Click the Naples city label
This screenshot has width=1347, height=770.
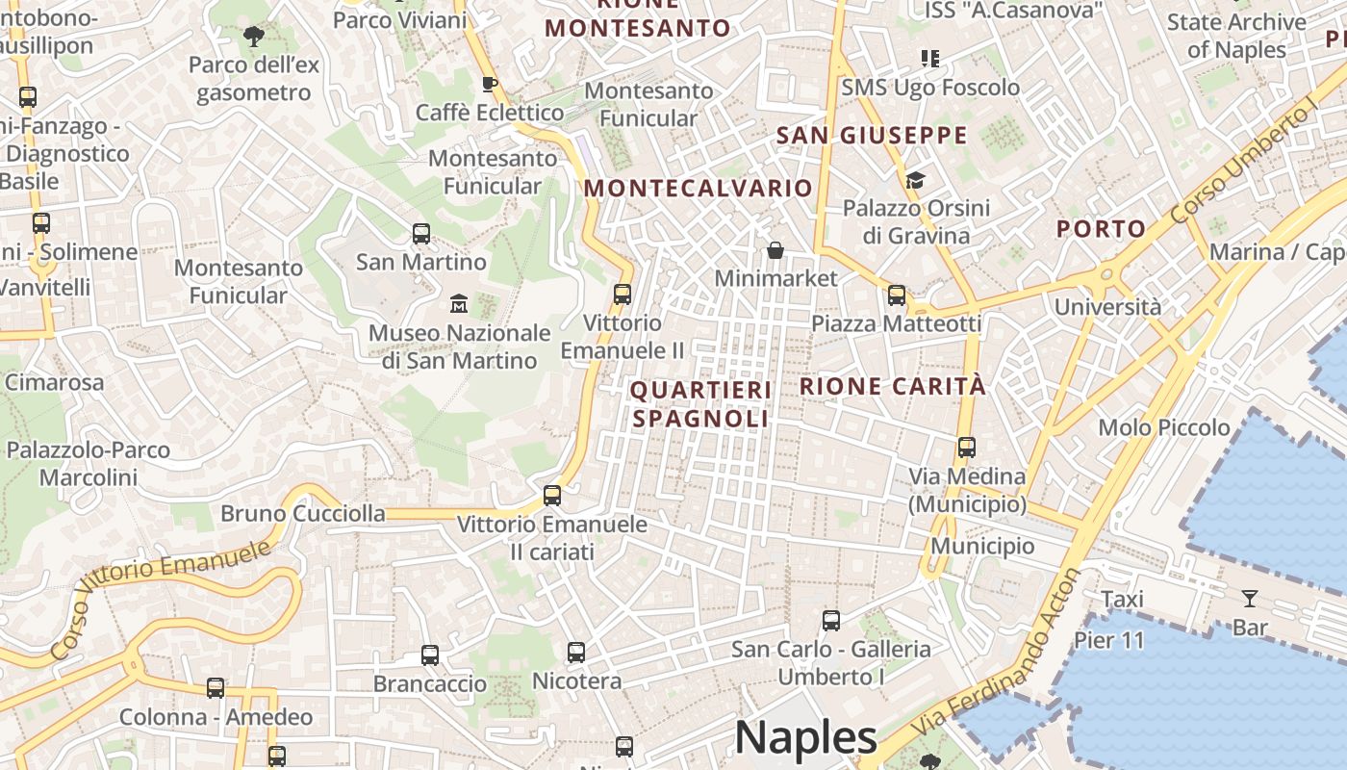click(805, 737)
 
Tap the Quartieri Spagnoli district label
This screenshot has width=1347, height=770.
click(701, 404)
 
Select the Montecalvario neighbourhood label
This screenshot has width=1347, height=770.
click(698, 188)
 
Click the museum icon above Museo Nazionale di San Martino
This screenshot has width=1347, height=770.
click(459, 304)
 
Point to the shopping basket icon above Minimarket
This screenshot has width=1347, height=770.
click(775, 250)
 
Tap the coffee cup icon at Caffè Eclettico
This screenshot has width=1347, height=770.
click(490, 84)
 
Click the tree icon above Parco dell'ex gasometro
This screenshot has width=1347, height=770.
click(253, 37)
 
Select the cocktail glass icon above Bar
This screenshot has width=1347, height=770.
click(1250, 599)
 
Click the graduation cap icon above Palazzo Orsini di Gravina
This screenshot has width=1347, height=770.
click(915, 180)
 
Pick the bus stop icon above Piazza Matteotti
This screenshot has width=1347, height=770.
click(897, 295)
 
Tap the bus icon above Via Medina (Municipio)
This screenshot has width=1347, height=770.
click(967, 448)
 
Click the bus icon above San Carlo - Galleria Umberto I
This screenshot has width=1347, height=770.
click(831, 621)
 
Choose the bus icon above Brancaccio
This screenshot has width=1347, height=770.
click(430, 655)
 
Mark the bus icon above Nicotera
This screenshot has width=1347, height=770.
click(576, 653)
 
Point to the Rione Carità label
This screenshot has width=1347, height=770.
click(893, 386)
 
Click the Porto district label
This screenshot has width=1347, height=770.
click(1101, 229)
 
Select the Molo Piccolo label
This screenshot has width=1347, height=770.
click(1164, 427)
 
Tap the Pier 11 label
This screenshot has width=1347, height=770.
click(1109, 640)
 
